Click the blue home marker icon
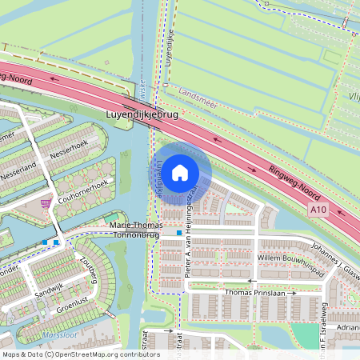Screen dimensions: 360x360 click(180, 171)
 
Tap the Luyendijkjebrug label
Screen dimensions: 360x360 click(142, 114)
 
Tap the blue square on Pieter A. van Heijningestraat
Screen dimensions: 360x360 click(179, 233)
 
